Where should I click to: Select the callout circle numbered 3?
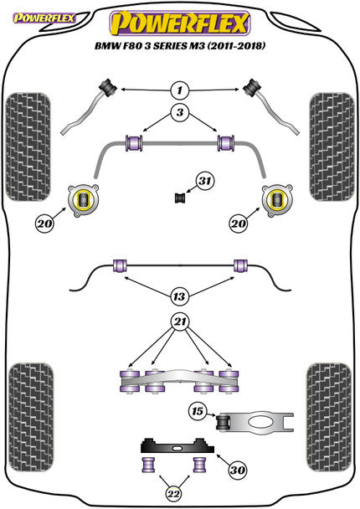coord(180,112)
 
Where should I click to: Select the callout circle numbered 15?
coord(197,411)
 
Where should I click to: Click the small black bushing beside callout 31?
coord(178,198)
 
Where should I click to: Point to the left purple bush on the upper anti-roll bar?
coord(132,141)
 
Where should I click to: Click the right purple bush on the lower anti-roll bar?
coord(241,266)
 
